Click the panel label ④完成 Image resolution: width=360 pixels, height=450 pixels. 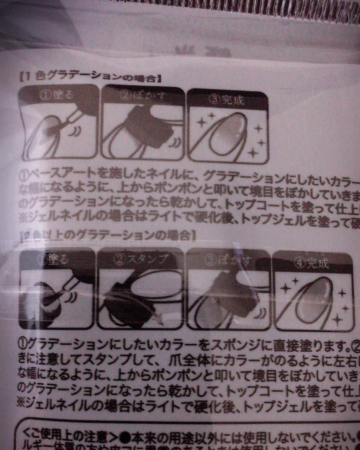click(313, 263)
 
